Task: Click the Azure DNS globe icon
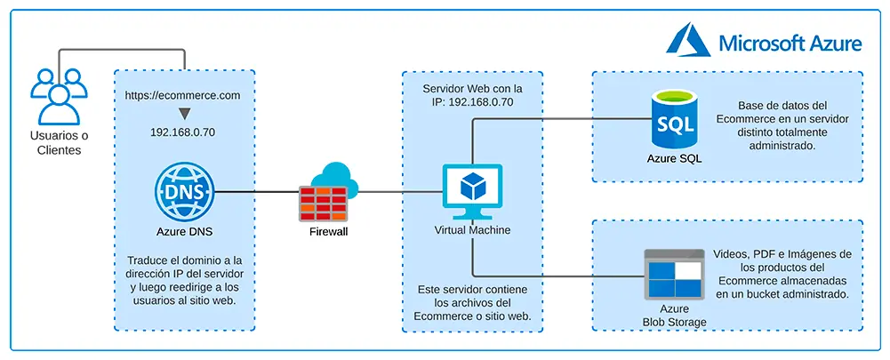point(184,191)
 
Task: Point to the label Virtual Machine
point(472,230)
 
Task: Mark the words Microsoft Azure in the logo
point(790,43)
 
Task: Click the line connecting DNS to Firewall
point(258,191)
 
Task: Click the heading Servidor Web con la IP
point(472,95)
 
